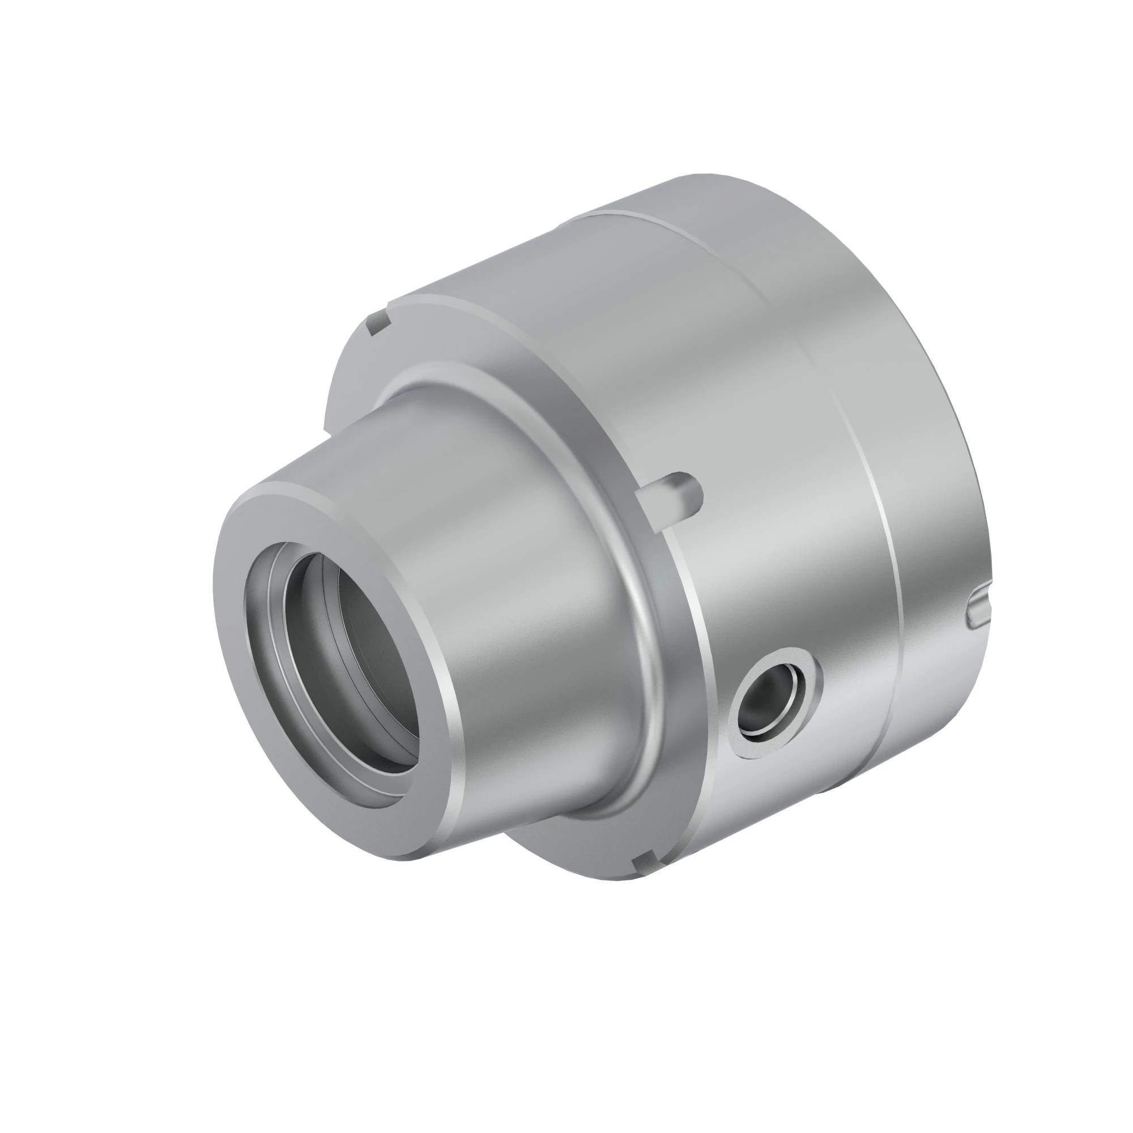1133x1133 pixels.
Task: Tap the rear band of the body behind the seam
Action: (x=915, y=411)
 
